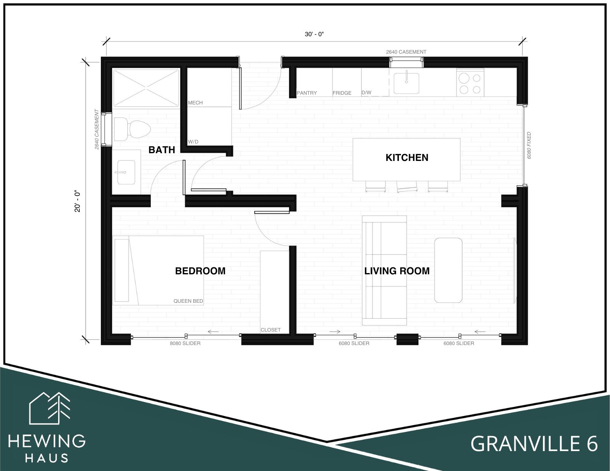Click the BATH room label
coord(162,150)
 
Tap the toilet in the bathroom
coord(132,129)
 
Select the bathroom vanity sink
coord(126,172)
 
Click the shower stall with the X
coord(146,88)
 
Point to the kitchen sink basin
coord(406,83)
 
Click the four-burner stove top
coord(470,83)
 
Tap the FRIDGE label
coord(342,93)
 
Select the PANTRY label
coord(307,93)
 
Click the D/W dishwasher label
coord(366,93)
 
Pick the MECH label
coord(195,103)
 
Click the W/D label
coord(193,142)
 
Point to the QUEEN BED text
coord(188,301)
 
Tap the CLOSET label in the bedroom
coord(270,330)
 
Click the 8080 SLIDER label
coord(185,343)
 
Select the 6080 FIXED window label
coord(529,145)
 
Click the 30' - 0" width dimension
coord(314,34)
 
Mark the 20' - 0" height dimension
coord(78,202)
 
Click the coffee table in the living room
coord(448,270)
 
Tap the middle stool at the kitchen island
coord(407,187)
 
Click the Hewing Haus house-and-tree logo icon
coord(50,408)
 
